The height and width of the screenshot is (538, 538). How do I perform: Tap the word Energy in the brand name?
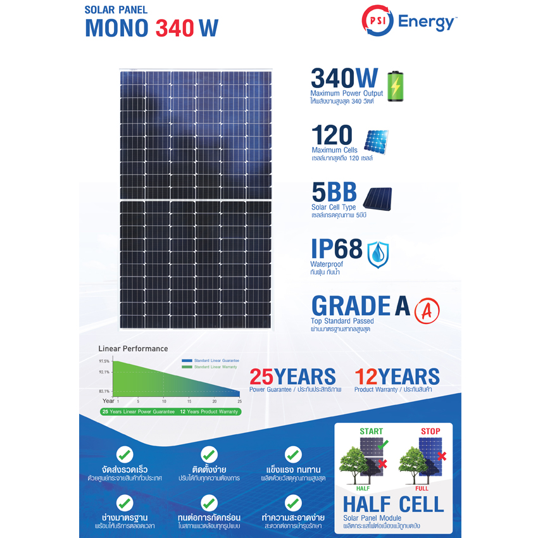(426, 23)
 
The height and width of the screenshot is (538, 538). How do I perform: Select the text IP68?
(337, 249)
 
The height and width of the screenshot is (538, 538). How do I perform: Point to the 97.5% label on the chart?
(104, 361)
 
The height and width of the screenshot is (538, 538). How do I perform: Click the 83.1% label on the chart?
(104, 392)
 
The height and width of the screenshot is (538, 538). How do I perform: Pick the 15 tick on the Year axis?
(189, 401)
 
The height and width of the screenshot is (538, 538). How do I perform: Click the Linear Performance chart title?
(134, 349)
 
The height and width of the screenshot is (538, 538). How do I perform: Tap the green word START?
(371, 431)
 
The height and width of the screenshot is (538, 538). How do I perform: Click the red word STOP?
(430, 431)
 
